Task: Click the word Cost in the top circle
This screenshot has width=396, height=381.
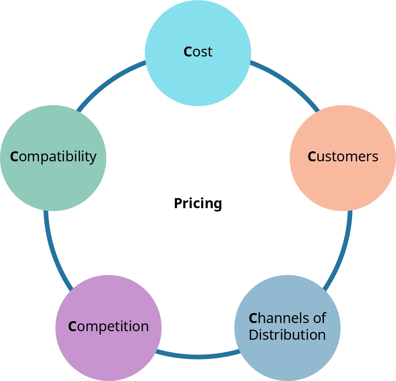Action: pos(198,52)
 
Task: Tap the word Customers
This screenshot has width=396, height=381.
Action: pos(343,156)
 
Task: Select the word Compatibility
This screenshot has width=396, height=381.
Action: pos(53,156)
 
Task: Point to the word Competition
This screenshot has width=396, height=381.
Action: pos(108,326)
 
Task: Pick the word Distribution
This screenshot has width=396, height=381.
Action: pos(287,335)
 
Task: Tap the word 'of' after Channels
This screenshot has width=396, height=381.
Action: pos(319,318)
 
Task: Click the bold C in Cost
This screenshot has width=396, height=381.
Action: pos(188,52)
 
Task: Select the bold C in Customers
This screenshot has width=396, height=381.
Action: pos(312,156)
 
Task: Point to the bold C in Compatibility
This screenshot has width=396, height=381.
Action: pos(14,156)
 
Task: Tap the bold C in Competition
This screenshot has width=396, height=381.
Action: pos(72,326)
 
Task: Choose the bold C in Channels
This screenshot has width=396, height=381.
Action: pos(253,318)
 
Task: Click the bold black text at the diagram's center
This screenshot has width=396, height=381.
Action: pos(198,203)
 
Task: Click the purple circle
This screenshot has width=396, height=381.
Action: pos(108,349)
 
